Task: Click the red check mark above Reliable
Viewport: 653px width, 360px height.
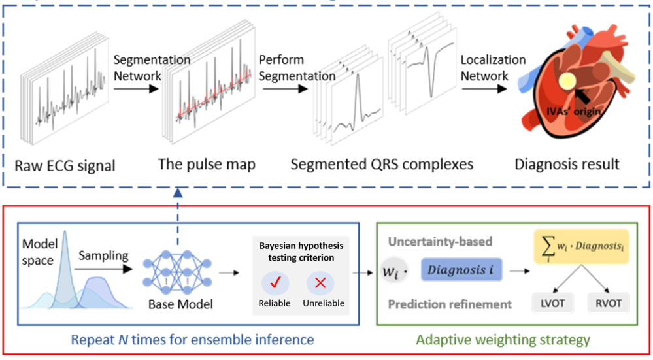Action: tap(275, 283)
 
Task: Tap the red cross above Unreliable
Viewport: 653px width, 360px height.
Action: tap(320, 283)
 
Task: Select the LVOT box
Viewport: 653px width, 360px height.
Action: tap(552, 303)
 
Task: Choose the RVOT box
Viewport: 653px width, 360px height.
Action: tap(609, 303)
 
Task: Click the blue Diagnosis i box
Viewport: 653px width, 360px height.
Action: tap(461, 270)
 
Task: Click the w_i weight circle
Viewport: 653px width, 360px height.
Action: tap(394, 271)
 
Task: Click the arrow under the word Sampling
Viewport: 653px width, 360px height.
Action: tap(103, 269)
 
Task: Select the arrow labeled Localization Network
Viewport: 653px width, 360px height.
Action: tap(484, 88)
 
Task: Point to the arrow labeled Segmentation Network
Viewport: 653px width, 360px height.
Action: tap(136, 88)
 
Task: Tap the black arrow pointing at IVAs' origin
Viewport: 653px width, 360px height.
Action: tap(582, 96)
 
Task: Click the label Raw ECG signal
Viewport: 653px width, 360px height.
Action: tap(65, 166)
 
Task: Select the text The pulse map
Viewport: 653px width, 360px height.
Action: tap(207, 165)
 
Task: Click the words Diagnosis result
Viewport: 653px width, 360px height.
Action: tap(567, 165)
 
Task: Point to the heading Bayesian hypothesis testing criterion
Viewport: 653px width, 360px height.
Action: tap(301, 252)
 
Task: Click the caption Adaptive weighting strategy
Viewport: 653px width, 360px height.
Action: tap(503, 340)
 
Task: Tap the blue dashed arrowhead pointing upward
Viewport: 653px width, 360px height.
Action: tap(178, 192)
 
